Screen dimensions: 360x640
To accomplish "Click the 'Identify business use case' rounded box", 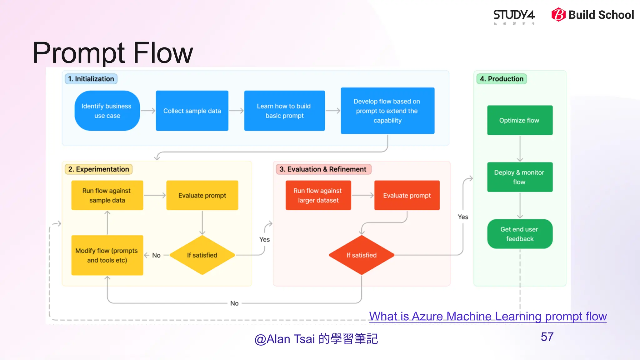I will click(x=107, y=111).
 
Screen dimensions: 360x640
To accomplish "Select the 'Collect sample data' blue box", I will click(x=192, y=111).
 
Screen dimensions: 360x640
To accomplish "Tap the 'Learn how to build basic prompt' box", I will click(x=284, y=111).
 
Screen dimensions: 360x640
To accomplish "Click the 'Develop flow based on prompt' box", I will click(x=387, y=111).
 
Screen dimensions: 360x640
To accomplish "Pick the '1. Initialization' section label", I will click(x=91, y=79).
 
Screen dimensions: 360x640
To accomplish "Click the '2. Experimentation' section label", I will click(x=98, y=169).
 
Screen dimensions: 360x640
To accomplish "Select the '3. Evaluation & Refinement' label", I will click(x=323, y=169).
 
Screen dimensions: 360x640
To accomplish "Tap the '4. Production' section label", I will click(x=501, y=79).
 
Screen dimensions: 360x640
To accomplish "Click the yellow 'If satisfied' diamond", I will click(x=202, y=255).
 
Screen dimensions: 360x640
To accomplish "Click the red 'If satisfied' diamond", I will click(x=362, y=255).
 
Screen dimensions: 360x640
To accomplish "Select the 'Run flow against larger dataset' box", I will click(x=318, y=195).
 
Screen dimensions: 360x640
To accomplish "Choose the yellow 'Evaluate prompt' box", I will click(x=202, y=195).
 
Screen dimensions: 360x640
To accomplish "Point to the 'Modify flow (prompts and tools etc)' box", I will click(x=107, y=255).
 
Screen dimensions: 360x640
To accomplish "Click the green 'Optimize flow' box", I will click(x=519, y=120).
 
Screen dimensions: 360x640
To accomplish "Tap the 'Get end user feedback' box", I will click(x=519, y=234).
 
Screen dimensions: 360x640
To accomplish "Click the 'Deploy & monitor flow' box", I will click(x=519, y=177).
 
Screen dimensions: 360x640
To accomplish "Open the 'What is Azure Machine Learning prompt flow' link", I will click(x=487, y=316).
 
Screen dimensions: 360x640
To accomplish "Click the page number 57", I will click(x=547, y=337).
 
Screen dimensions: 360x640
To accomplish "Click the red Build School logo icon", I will click(x=558, y=15).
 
